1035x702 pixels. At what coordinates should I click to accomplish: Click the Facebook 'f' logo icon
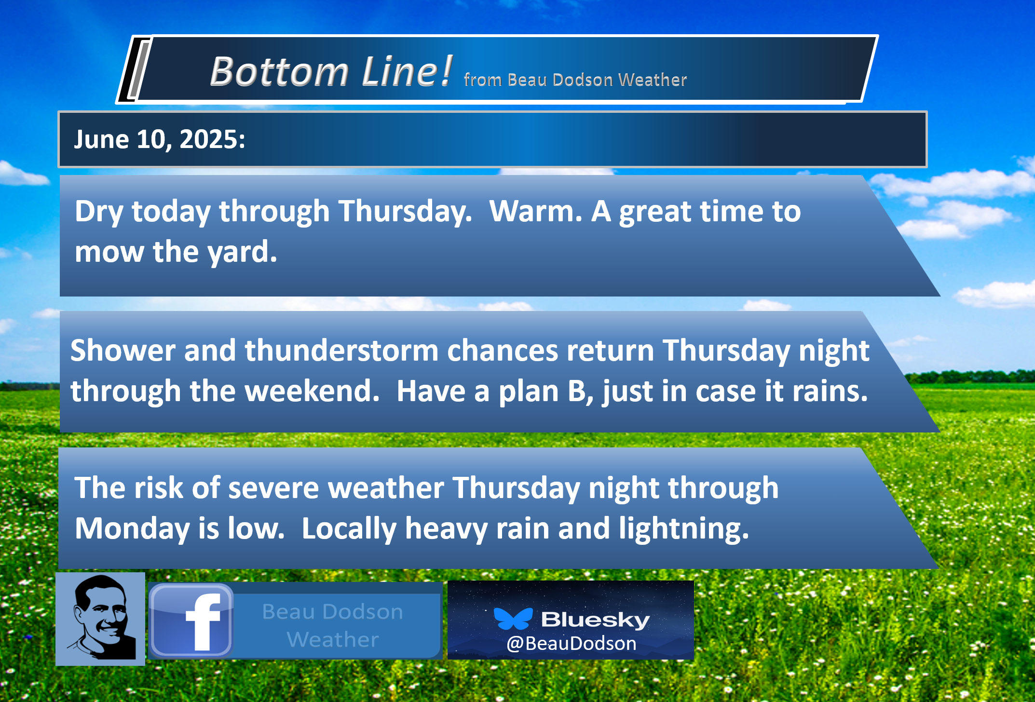191,620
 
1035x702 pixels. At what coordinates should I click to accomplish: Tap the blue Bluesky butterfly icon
513,619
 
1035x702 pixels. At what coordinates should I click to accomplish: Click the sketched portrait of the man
100,619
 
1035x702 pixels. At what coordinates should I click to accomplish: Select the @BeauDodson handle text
571,644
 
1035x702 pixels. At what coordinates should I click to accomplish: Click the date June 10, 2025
160,139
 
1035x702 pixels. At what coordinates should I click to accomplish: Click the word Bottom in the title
279,71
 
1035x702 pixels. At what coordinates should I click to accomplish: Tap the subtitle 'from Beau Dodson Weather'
575,80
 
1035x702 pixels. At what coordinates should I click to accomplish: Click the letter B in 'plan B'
577,391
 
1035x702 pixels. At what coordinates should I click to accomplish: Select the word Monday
132,529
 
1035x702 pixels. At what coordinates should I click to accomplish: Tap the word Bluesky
595,620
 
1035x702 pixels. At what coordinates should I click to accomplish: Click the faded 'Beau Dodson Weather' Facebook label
333,625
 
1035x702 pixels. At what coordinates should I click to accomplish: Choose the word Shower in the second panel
123,350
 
